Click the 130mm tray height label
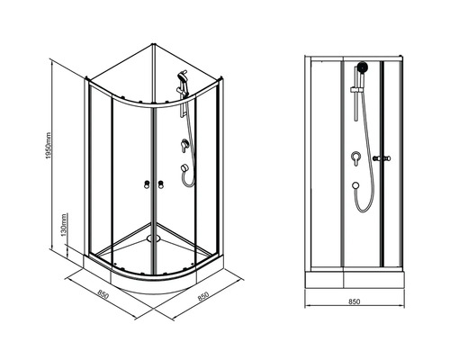(64, 225)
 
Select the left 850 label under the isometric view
(103, 294)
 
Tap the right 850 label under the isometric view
(203, 296)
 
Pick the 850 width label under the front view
(355, 301)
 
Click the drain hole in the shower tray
(153, 238)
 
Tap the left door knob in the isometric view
(147, 184)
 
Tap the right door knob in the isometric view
(161, 184)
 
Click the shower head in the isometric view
(182, 76)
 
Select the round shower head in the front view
(363, 67)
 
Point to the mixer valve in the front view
(355, 158)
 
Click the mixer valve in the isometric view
(184, 145)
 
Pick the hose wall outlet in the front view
(355, 185)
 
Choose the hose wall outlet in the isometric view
(183, 168)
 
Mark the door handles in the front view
(382, 158)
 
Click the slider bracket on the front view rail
(357, 89)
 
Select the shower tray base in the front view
(355, 279)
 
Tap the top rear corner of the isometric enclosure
(154, 45)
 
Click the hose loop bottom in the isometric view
(189, 185)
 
